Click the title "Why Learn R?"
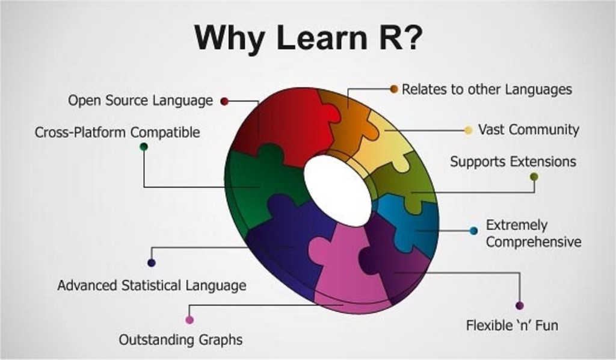(309, 38)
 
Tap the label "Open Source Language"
(140, 101)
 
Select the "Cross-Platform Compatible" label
(117, 132)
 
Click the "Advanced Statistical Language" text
(152, 285)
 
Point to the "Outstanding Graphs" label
(180, 340)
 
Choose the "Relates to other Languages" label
(487, 90)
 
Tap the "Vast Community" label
(528, 129)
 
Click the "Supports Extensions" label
(513, 161)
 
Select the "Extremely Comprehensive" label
(533, 234)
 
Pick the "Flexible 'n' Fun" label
(512, 326)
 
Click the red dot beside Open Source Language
(224, 101)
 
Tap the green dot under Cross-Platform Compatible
(144, 146)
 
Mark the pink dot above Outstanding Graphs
(189, 320)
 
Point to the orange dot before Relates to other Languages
(394, 89)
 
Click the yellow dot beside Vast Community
(468, 130)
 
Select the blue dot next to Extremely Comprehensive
(473, 231)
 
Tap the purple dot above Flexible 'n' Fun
(519, 305)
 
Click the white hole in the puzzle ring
(337, 190)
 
